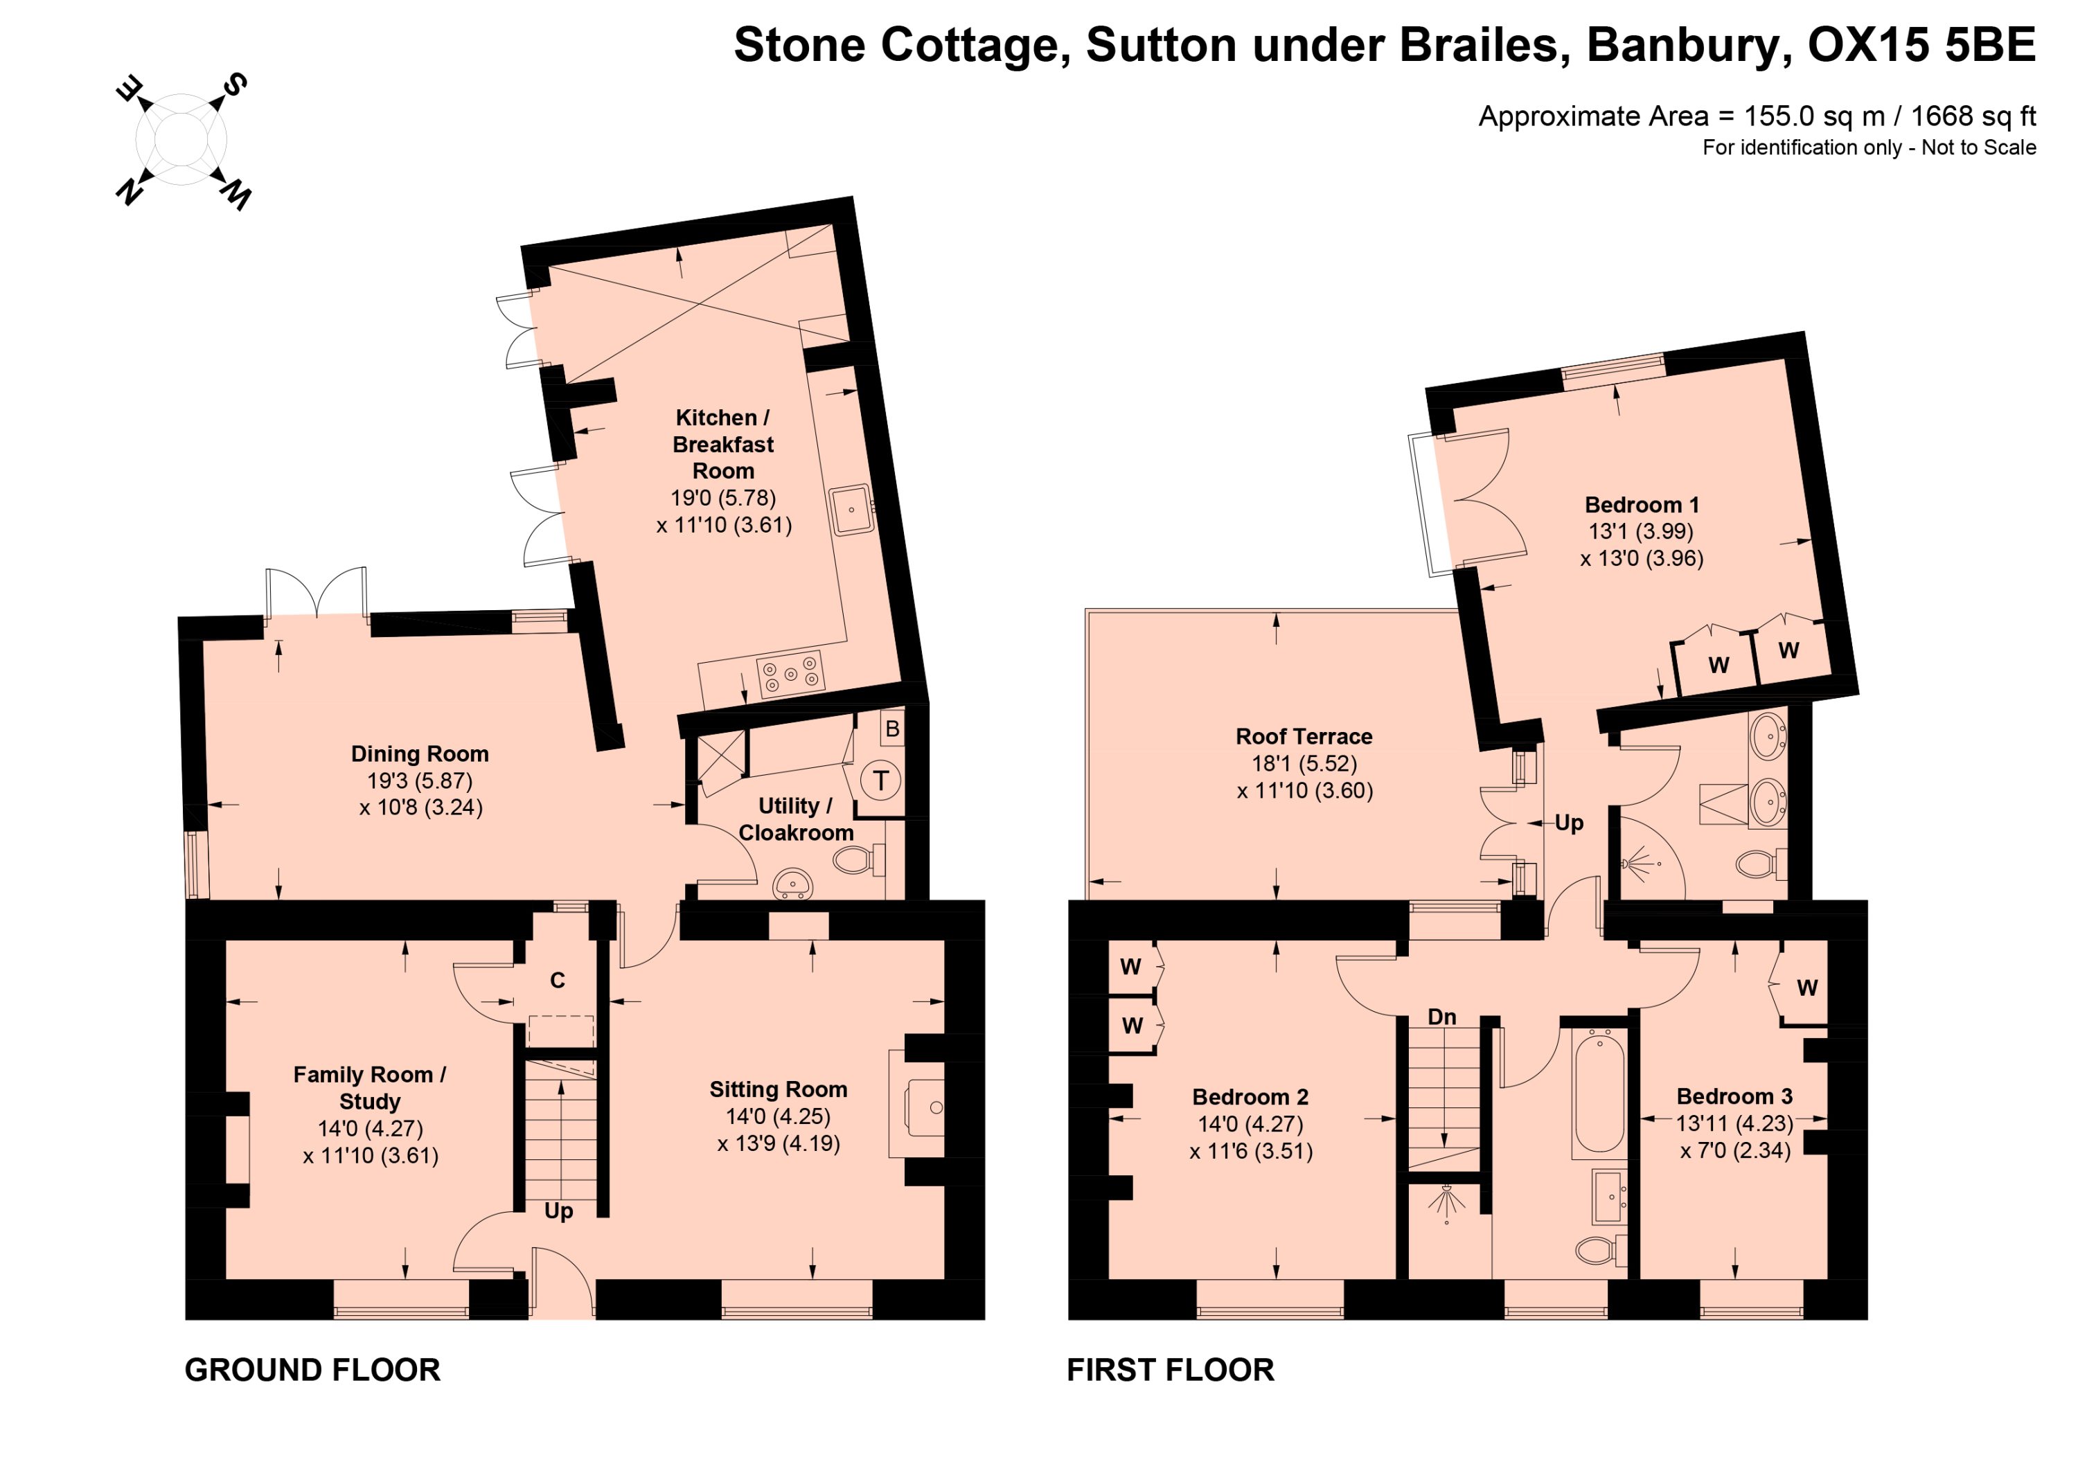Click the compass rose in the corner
pos(181,141)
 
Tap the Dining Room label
pos(420,753)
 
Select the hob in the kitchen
pos(790,672)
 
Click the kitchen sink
pos(851,509)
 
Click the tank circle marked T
pos(880,780)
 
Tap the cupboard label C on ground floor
pos(557,979)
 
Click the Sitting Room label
pos(779,1089)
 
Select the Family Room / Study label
pos(370,1088)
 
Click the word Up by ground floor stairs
pos(558,1212)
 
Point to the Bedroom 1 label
pos(1642,505)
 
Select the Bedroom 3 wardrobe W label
pos(1807,988)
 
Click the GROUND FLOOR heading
pos(312,1370)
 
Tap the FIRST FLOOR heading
pos(1170,1370)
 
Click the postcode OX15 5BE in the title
pos(1922,45)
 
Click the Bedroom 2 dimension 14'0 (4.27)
pos(1250,1124)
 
